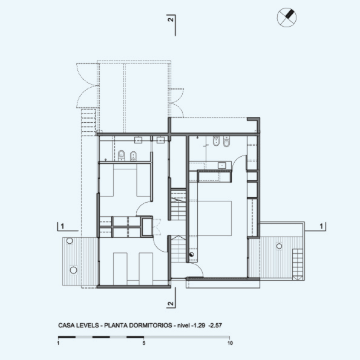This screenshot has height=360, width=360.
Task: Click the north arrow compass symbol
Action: point(287,18)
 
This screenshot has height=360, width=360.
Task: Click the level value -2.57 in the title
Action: point(215,326)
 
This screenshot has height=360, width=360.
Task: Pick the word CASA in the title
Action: point(66,326)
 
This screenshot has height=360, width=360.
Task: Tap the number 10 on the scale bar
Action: point(230,343)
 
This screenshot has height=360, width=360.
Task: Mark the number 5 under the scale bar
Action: point(144,343)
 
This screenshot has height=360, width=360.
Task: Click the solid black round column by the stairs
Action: point(191,254)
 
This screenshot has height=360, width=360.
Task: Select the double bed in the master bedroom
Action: point(214,218)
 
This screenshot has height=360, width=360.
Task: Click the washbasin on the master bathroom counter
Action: point(221,165)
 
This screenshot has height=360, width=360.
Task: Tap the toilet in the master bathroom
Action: point(226,142)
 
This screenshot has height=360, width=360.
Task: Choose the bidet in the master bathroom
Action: point(216,142)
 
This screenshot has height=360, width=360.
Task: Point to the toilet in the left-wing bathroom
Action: point(121,155)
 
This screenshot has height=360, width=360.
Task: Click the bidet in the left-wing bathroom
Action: point(133,156)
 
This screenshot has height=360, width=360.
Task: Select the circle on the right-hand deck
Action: point(279,246)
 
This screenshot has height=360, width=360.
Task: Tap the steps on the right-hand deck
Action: point(298,264)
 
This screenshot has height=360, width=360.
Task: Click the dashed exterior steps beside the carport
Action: point(88,122)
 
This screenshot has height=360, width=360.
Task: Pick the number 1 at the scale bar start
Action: point(58,343)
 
